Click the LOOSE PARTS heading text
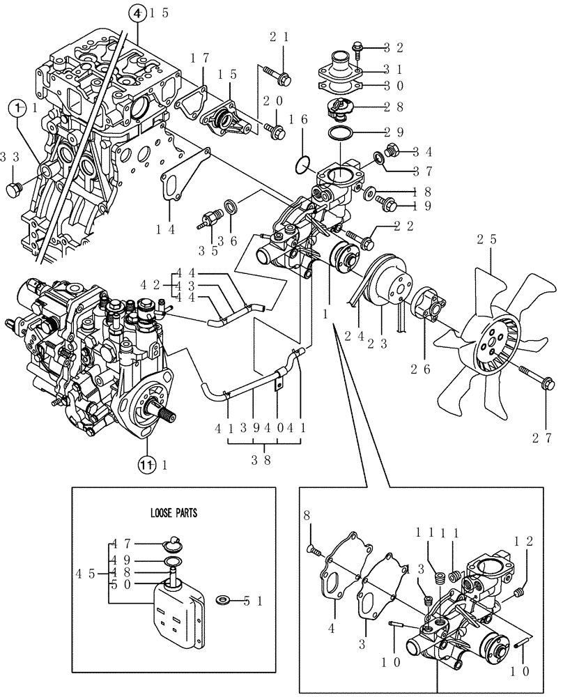(x=174, y=512)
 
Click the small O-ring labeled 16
(x=300, y=165)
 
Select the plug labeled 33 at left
(x=15, y=190)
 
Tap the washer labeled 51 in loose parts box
(x=225, y=599)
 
